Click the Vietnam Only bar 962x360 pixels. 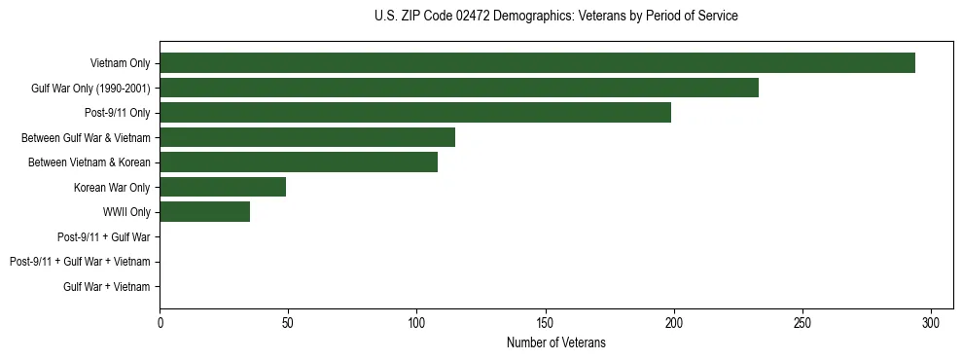[537, 63]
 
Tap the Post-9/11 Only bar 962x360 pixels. [415, 113]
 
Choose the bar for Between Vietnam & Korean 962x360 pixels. [299, 162]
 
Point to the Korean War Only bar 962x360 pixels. [223, 187]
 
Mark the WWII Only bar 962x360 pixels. [205, 212]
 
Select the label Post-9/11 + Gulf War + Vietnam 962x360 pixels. [80, 262]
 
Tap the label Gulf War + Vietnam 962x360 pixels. [107, 286]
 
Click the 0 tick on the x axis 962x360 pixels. [160, 322]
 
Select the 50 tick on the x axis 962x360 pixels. [288, 322]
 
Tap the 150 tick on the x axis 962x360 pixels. [546, 322]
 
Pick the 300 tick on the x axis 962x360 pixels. [931, 322]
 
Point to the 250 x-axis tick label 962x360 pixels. [802, 322]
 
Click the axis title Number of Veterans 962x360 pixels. [555, 342]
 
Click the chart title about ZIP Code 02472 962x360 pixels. [555, 17]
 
